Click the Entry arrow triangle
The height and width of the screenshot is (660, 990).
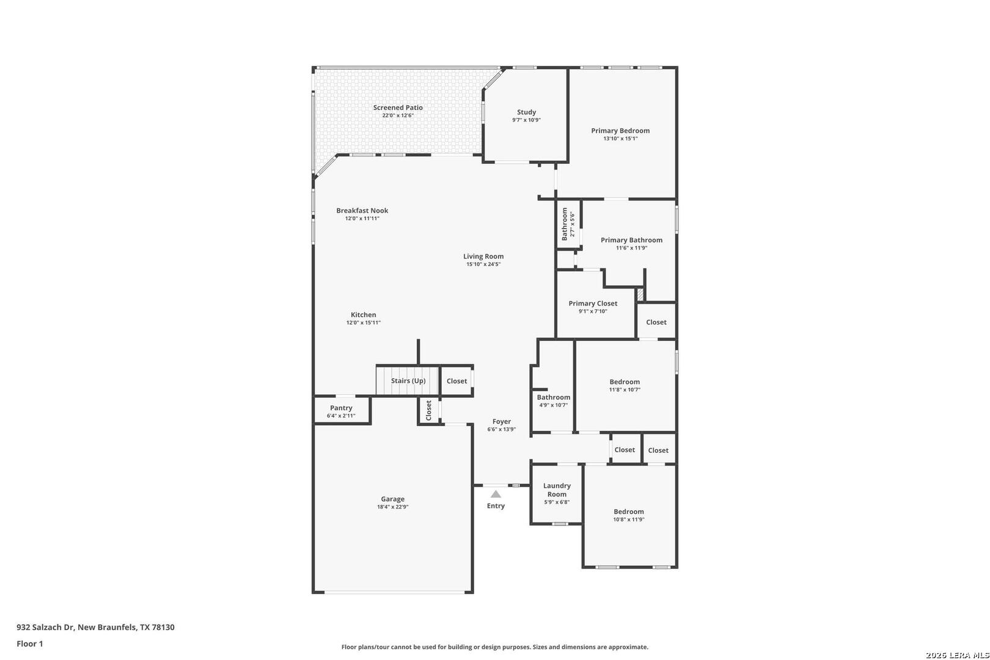496,494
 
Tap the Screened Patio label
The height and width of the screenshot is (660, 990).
398,108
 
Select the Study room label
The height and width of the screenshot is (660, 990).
526,112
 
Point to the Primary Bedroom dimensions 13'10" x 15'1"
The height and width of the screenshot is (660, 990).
620,138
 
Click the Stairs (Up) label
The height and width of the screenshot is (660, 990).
408,381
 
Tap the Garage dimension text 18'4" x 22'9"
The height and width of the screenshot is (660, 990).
392,507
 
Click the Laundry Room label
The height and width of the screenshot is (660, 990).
557,490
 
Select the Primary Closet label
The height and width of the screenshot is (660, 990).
593,303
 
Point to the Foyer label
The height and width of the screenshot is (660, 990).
502,422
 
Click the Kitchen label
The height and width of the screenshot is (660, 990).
363,315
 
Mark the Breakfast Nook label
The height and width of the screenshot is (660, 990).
362,210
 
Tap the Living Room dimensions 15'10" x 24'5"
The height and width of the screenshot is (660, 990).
483,265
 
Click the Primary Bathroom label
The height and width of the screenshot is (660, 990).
631,240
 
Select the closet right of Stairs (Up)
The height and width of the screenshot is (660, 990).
457,381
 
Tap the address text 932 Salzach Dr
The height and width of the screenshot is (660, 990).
45,627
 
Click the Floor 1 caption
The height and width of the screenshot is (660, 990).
29,643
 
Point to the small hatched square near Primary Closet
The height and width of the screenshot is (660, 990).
640,295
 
